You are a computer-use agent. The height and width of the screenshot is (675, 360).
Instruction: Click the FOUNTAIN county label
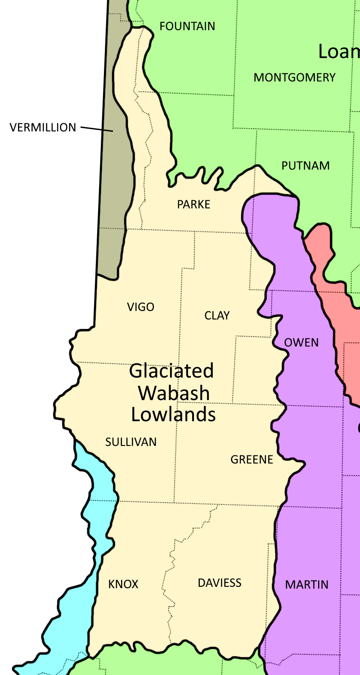pos(187,26)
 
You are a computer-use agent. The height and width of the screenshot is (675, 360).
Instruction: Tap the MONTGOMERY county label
pos(294,77)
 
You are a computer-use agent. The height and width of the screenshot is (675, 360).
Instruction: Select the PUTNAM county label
pos(306,166)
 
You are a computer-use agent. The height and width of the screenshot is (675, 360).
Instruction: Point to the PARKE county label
pos(193,204)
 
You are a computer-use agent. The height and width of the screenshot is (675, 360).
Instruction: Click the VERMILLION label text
pos(43,127)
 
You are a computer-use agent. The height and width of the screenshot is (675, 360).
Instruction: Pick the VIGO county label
pos(140,307)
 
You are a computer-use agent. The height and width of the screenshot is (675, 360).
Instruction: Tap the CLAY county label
pos(217,315)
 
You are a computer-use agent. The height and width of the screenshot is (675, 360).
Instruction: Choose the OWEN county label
pos(301,342)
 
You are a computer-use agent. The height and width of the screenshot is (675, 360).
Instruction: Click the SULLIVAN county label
pos(131,442)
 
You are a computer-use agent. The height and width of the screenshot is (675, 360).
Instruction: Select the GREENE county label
pos(252,459)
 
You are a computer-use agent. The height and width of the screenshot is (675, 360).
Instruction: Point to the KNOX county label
pos(123,584)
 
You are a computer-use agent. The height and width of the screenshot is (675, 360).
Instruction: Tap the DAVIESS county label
pos(220,583)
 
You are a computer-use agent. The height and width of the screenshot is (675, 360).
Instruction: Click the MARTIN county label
pos(307,585)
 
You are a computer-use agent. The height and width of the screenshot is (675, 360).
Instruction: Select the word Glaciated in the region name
pos(171,371)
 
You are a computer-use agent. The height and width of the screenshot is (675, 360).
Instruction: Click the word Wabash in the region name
pos(174,393)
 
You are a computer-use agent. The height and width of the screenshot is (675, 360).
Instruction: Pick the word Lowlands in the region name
pos(173,414)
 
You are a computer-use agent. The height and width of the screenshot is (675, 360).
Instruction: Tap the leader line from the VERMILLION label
pos(97,129)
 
